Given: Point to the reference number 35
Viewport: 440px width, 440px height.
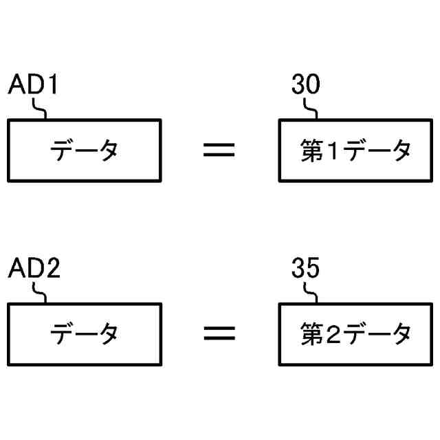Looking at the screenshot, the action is (305, 269).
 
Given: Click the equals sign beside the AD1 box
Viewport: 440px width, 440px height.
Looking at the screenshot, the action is (219, 150).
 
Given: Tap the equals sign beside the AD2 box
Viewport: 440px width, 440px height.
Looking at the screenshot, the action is (219, 334).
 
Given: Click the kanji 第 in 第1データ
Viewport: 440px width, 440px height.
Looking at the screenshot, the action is (312, 150).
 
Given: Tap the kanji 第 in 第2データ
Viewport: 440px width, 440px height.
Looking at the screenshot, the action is (312, 334).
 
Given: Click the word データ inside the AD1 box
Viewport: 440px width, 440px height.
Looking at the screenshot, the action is (85, 150).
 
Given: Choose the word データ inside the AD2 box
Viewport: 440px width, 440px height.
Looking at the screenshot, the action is (85, 334).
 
